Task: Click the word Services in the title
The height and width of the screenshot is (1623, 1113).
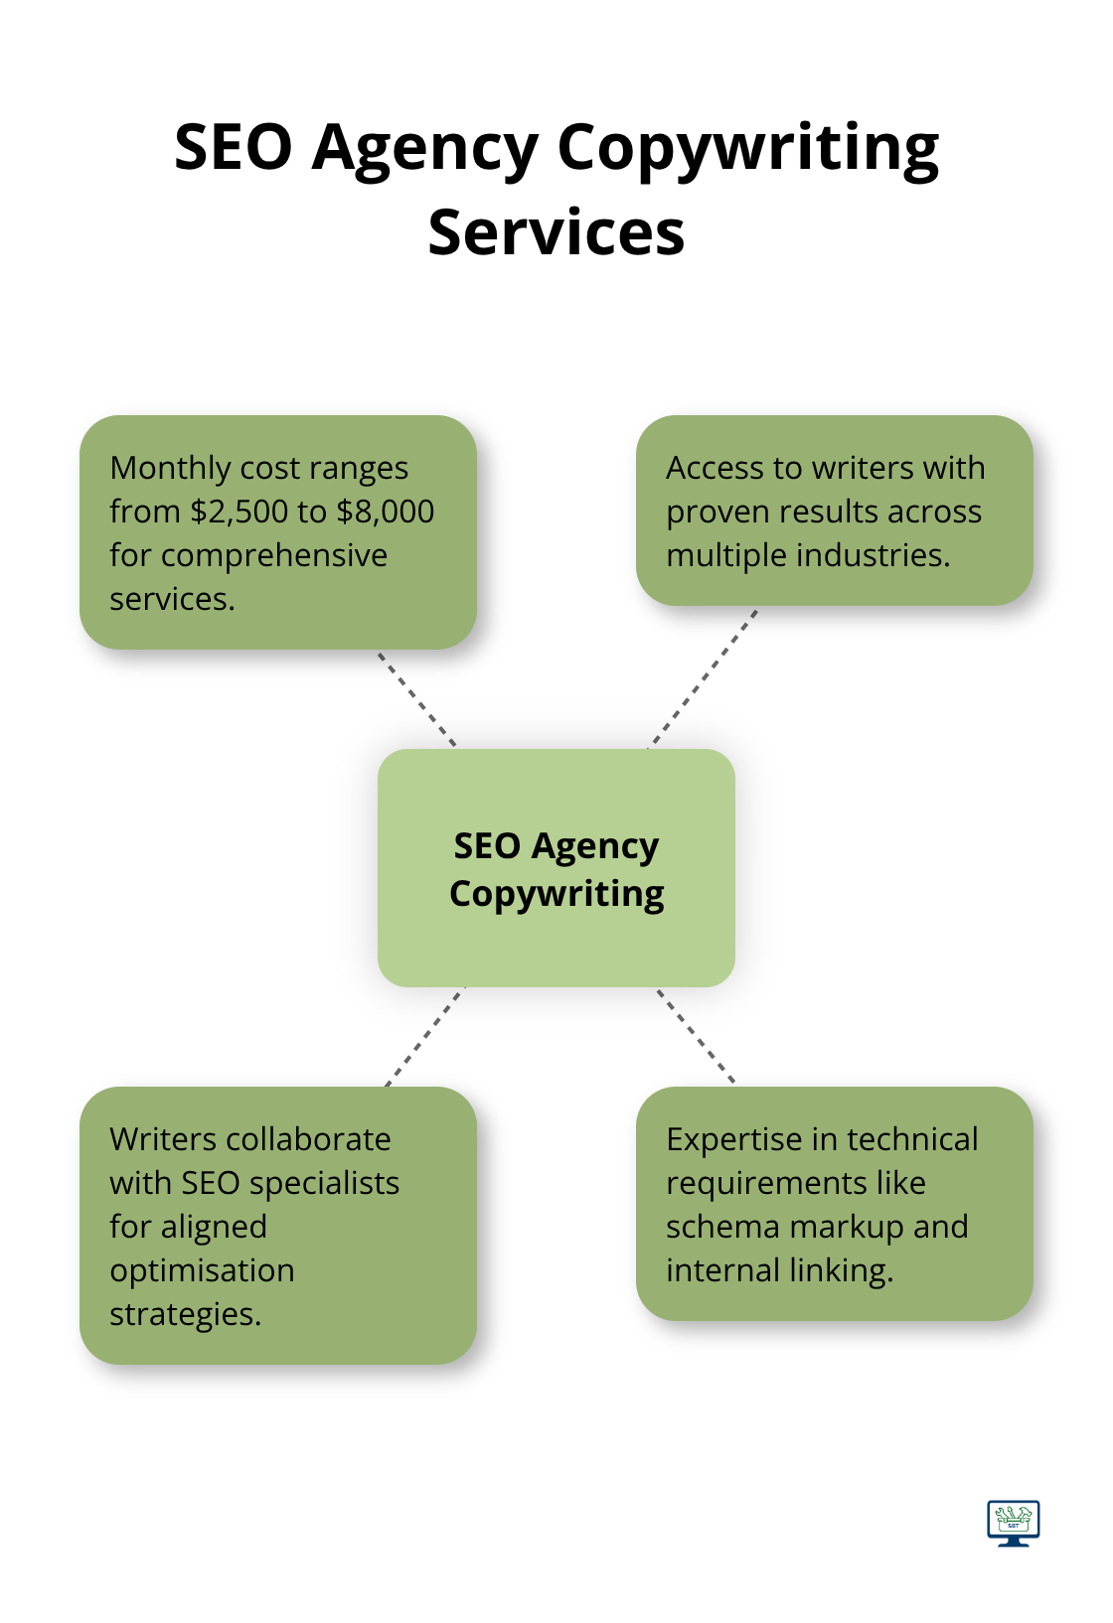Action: tap(556, 232)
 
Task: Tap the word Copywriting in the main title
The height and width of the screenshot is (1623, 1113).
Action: tap(747, 149)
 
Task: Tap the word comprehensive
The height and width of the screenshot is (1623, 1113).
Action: tap(274, 555)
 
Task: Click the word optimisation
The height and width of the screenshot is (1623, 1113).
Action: tap(202, 1270)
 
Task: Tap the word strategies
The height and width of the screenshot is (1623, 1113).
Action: tap(185, 1314)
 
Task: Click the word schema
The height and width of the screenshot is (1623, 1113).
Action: tap(723, 1227)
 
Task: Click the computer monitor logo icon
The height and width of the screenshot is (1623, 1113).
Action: tap(1013, 1523)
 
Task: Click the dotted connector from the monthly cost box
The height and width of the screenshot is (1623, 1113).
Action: tap(416, 698)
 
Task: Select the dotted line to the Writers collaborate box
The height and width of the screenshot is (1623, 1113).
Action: tap(424, 1036)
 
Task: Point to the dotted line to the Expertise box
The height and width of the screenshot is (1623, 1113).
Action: tap(696, 1035)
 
